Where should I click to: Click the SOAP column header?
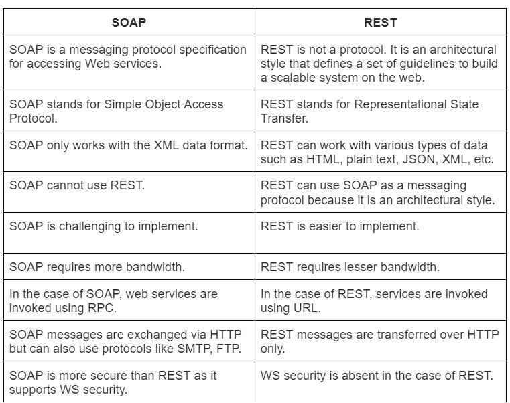pos(128,22)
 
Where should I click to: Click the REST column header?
pos(381,22)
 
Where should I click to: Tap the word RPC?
pos(103,307)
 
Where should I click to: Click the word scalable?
pos(294,77)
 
